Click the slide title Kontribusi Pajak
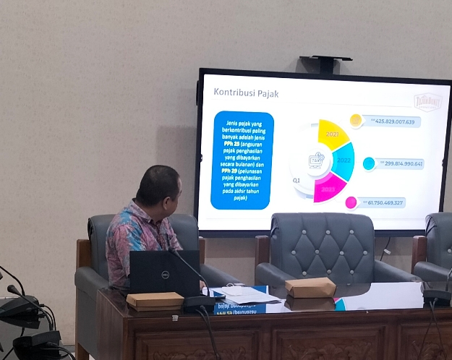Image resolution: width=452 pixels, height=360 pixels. [x=246, y=93]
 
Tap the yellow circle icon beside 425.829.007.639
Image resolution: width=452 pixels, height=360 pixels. [x=356, y=121]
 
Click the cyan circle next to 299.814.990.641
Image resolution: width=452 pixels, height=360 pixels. [x=369, y=163]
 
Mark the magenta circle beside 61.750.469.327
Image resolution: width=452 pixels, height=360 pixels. [x=351, y=202]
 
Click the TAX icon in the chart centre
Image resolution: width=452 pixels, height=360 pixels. [x=316, y=160]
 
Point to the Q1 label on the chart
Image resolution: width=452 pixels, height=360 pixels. [x=296, y=181]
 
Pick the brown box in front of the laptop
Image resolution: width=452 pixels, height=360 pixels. [x=155, y=299]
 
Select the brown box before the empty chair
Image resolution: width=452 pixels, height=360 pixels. [x=310, y=287]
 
